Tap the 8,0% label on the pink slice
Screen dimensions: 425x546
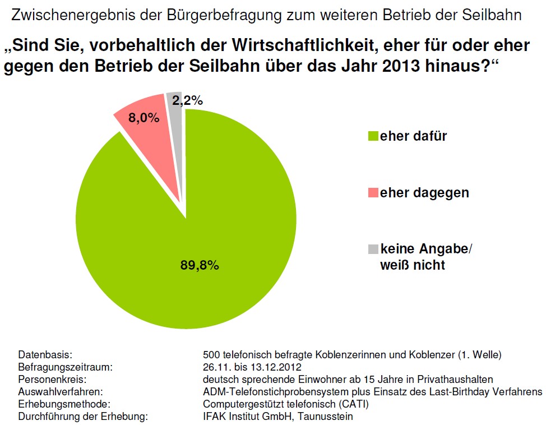click(x=145, y=118)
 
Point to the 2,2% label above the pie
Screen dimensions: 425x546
click(x=187, y=101)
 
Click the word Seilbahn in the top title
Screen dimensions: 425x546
click(x=494, y=15)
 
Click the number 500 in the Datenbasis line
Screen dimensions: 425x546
click(x=212, y=355)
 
